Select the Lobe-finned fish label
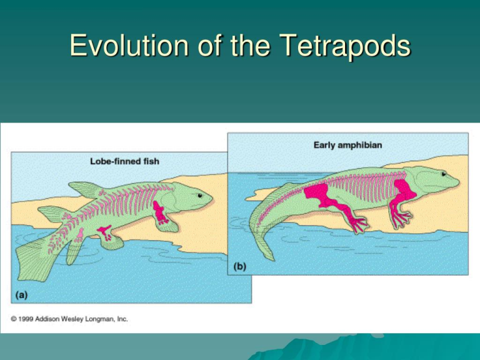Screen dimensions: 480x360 (124, 161)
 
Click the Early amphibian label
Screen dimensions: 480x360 (347, 145)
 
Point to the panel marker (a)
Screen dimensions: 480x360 (21, 295)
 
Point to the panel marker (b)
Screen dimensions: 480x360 (240, 267)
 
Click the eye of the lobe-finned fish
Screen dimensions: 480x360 (200, 195)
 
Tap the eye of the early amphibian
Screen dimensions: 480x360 (444, 174)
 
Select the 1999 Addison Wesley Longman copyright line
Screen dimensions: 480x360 (69, 319)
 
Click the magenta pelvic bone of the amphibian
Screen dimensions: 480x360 (317, 194)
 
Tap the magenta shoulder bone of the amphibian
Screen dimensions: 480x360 (405, 189)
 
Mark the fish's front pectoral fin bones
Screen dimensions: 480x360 (160, 212)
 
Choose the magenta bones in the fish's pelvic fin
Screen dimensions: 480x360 (105, 232)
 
